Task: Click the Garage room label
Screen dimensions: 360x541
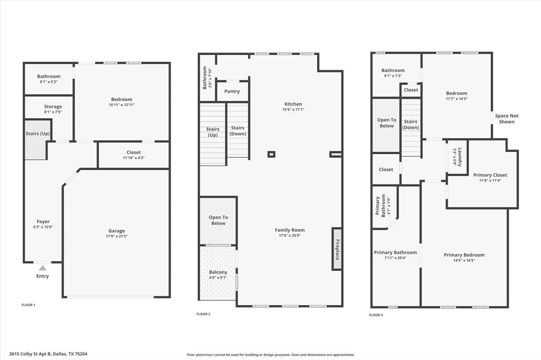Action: point(117,231)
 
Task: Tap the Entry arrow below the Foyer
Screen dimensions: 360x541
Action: point(42,268)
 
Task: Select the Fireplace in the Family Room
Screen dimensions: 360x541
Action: point(337,249)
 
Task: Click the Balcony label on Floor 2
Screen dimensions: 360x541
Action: point(218,272)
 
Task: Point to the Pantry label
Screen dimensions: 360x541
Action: point(232,91)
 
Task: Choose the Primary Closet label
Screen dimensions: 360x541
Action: point(490,175)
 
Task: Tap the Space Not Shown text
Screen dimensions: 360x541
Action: point(506,119)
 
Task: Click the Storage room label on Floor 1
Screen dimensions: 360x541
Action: point(53,107)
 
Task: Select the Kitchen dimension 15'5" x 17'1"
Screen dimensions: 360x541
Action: point(293,110)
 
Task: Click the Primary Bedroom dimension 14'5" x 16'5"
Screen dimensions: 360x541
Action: point(464,260)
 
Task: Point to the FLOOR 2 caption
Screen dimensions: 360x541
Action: point(203,314)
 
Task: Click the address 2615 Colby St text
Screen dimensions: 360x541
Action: point(48,354)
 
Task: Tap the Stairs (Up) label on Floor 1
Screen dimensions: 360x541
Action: point(38,134)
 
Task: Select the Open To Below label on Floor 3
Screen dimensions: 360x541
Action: point(386,123)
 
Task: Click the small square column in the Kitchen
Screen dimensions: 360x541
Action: point(271,154)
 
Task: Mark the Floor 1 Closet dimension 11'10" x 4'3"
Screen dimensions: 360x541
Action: point(134,158)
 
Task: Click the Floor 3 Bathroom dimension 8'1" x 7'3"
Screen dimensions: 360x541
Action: point(393,76)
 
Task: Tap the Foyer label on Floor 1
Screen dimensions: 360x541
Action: point(43,222)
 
